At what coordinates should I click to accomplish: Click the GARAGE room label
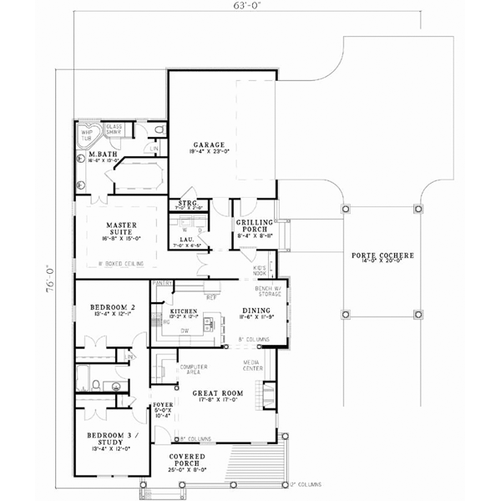[204, 144]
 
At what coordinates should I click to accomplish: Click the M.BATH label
[104, 155]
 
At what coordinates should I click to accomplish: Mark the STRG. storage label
[187, 203]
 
